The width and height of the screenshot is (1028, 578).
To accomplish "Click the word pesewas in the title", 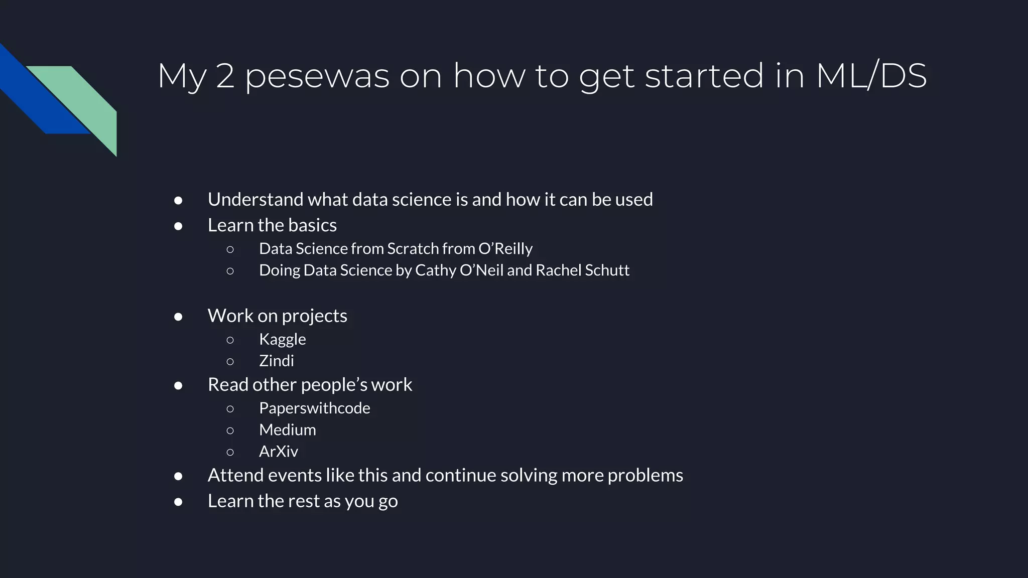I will click(x=317, y=76).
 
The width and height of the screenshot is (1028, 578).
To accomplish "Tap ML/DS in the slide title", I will click(x=871, y=76).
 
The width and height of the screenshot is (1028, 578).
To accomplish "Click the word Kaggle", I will click(x=282, y=339).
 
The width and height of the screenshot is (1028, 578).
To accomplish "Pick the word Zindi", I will click(x=276, y=361).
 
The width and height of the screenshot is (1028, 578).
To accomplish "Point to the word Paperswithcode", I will click(x=314, y=408).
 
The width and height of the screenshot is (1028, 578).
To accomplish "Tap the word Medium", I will click(x=287, y=429).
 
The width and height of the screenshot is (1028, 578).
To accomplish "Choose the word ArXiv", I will click(x=278, y=452).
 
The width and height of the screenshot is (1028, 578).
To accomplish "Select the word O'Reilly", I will click(x=505, y=249).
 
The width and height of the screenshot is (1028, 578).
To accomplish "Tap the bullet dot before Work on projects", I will click(x=178, y=317).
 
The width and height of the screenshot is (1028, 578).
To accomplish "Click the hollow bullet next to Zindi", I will click(x=230, y=361).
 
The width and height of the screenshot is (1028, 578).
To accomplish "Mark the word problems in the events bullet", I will click(x=645, y=476).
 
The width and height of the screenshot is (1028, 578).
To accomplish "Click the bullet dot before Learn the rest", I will click(x=178, y=502).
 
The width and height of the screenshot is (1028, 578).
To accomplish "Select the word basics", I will click(x=313, y=225).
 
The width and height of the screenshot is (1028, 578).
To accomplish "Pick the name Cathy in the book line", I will click(x=435, y=270).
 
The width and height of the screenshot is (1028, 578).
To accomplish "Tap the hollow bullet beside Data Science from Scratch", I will click(x=230, y=249).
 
